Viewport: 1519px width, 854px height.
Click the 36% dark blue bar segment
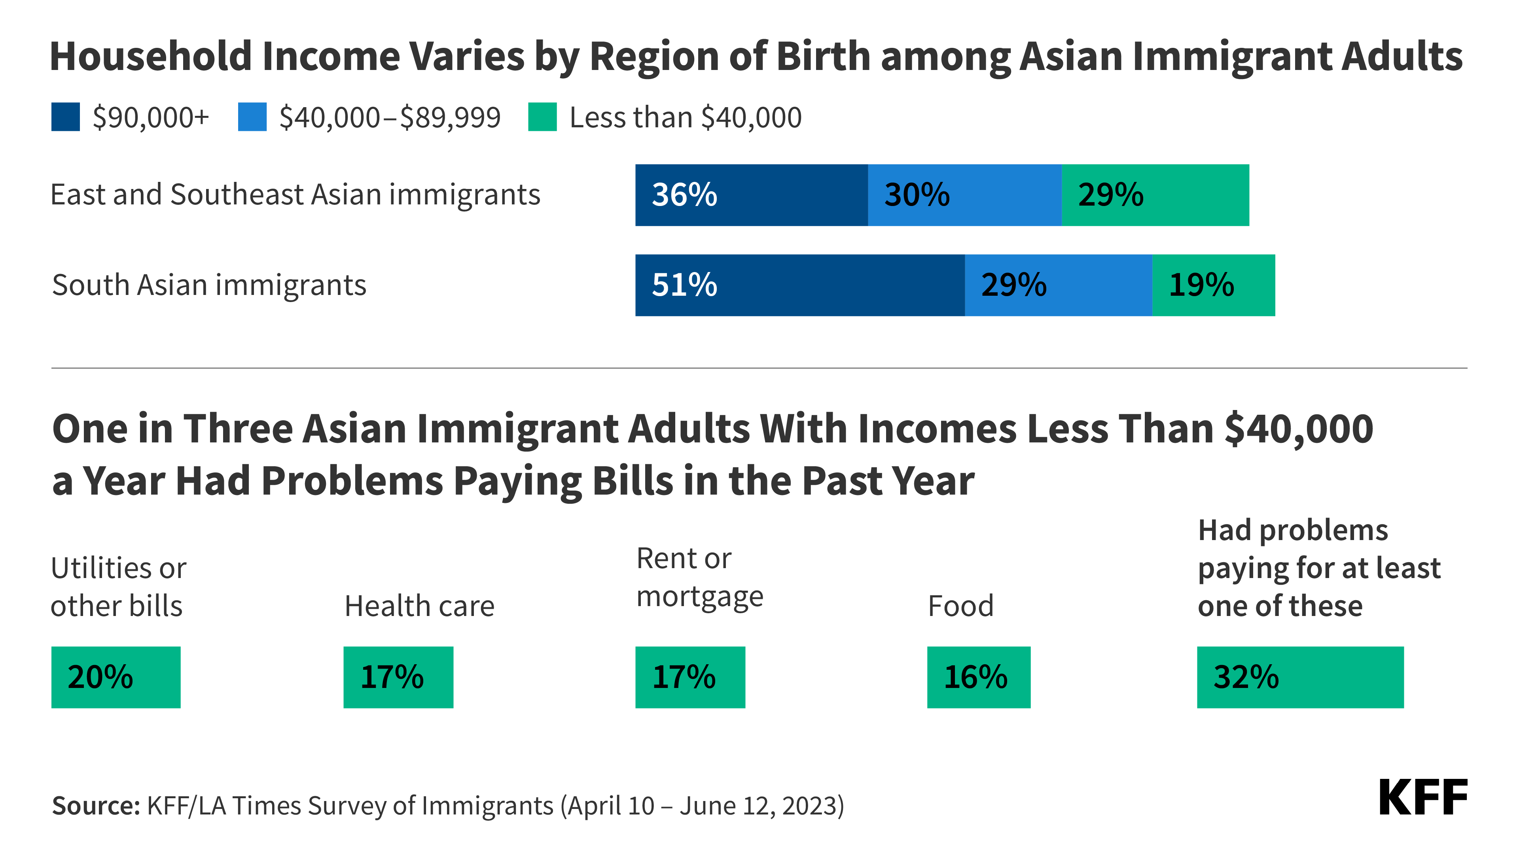[751, 195]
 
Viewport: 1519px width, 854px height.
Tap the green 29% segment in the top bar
[1155, 195]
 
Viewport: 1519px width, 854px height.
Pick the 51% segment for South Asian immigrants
[799, 285]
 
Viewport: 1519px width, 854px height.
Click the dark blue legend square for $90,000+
[65, 117]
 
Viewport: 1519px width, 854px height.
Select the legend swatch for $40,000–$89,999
[252, 117]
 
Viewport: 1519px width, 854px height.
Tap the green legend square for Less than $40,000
[542, 117]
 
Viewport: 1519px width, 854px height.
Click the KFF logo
[1422, 798]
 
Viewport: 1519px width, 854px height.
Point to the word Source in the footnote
[95, 805]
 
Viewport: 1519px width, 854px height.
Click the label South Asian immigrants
[209, 285]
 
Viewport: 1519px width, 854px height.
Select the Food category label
[960, 606]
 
